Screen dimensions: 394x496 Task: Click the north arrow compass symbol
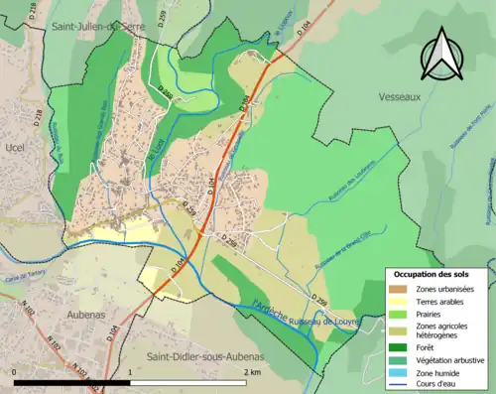tap(443, 55)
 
